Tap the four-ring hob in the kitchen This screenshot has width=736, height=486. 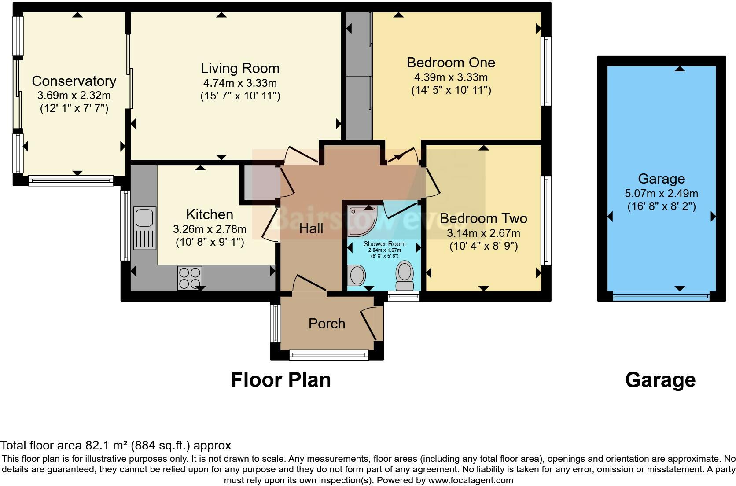click(x=190, y=278)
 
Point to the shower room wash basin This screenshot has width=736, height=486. click(x=357, y=275)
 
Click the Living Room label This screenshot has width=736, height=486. click(x=240, y=68)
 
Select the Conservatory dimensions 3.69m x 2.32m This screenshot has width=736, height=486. click(x=74, y=95)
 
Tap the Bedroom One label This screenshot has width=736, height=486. click(x=451, y=63)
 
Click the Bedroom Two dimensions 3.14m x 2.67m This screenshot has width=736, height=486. click(x=483, y=233)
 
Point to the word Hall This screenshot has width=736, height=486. click(x=311, y=228)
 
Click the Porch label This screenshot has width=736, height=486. click(x=327, y=324)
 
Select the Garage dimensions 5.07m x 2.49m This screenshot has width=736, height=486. click(x=661, y=193)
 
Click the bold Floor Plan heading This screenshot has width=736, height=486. click(x=281, y=380)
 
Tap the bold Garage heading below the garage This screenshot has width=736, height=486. click(x=660, y=380)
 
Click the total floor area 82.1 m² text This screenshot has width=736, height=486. click(x=115, y=445)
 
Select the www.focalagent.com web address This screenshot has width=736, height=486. click(x=471, y=480)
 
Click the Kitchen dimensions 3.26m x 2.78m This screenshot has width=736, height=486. click(x=210, y=229)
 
